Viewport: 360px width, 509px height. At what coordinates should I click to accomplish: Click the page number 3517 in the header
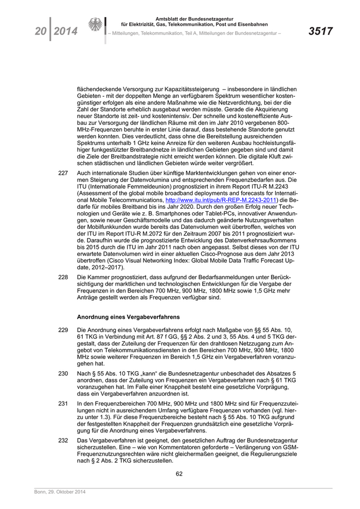320,32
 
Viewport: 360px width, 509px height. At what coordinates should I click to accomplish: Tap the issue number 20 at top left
39,32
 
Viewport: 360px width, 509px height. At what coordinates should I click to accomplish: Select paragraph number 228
63,277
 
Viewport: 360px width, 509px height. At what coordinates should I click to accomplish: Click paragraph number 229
63,329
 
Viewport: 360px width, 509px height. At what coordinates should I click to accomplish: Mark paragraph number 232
63,441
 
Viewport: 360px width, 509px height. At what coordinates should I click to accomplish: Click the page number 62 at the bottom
179,474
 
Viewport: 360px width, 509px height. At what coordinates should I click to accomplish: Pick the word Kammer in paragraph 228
101,277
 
